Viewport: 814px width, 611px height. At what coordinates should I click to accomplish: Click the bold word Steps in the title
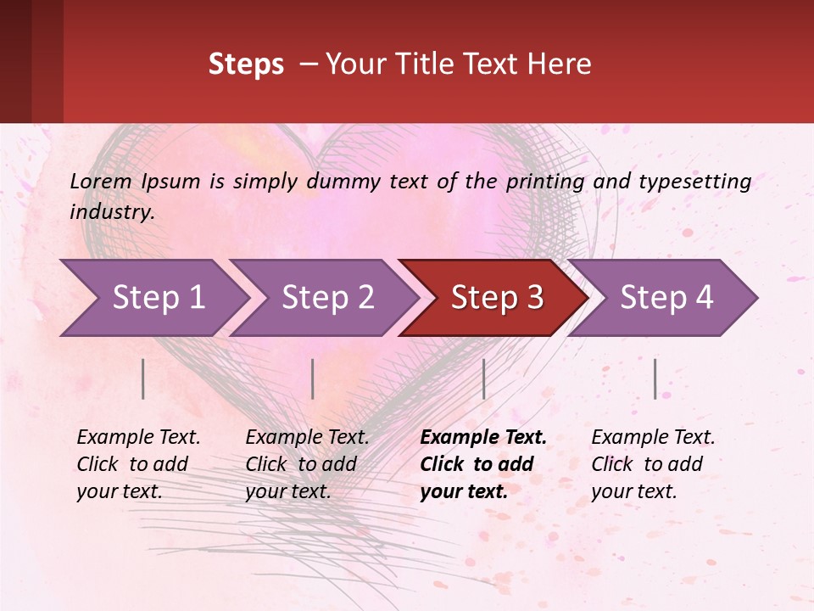[246, 64]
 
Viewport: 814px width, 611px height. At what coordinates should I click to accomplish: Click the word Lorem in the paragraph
[100, 182]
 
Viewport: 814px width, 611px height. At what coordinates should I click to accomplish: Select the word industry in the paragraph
[112, 212]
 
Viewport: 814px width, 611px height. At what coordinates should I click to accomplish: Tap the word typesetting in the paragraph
[694, 182]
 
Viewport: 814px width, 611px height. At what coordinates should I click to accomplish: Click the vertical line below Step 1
[143, 378]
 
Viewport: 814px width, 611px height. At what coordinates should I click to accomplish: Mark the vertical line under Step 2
[313, 378]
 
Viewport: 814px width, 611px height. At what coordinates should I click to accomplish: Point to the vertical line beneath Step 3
[483, 378]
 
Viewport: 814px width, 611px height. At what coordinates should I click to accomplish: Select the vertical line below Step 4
[655, 378]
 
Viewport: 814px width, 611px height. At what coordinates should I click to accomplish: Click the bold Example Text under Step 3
[483, 438]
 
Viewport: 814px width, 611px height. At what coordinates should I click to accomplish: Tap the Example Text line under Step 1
[138, 438]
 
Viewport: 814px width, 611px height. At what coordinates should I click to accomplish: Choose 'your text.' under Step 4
[633, 491]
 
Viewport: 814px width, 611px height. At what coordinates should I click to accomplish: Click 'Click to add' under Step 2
[300, 464]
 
